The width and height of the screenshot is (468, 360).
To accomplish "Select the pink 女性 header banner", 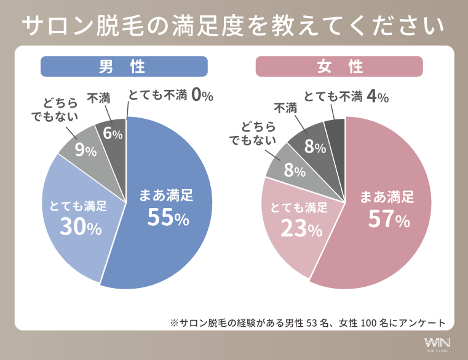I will point(339,66).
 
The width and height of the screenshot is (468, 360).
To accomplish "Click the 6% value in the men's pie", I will point(112,134).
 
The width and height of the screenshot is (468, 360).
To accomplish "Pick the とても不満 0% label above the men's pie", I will point(170,95).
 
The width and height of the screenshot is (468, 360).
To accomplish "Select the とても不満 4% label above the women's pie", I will point(346,96).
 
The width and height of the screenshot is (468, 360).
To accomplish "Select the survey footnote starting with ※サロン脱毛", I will point(307,322).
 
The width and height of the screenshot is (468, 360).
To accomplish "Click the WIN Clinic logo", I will point(437,343).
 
